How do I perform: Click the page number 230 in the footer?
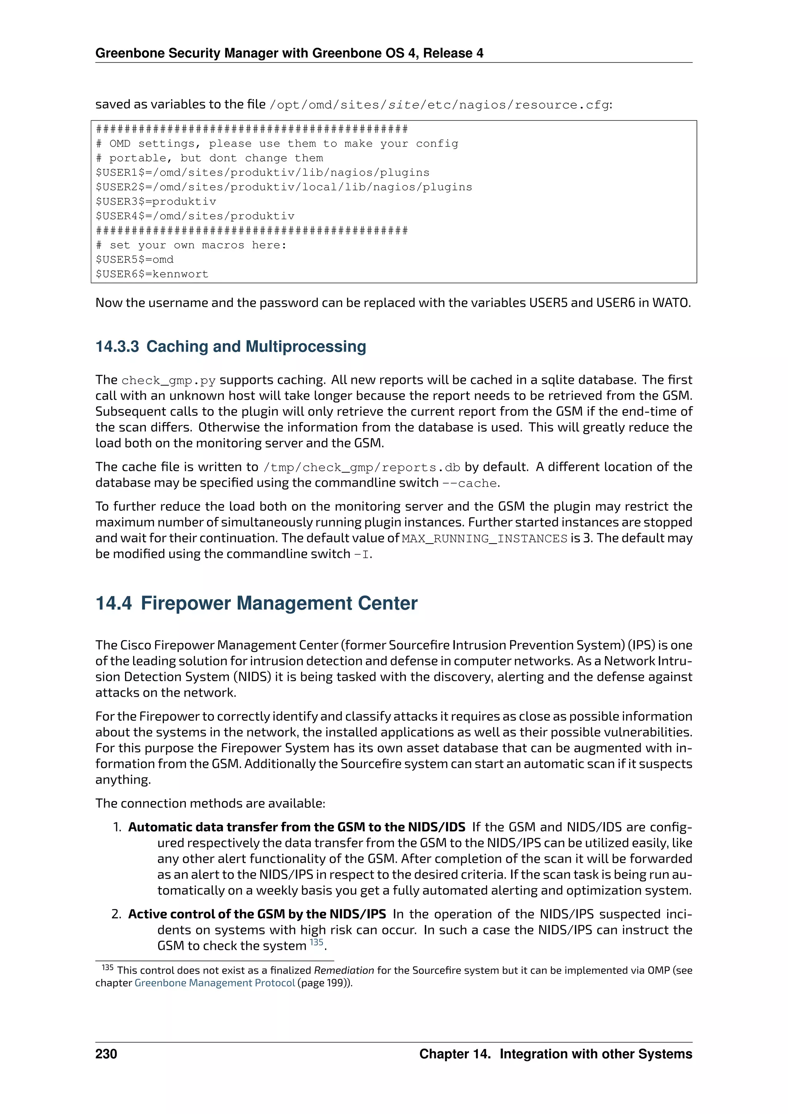click(x=106, y=1054)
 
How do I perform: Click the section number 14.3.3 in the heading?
click(x=117, y=347)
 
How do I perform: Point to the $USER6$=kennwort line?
click(x=152, y=274)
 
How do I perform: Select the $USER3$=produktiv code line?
click(x=156, y=201)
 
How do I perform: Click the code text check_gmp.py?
click(x=169, y=380)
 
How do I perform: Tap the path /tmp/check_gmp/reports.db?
click(x=362, y=468)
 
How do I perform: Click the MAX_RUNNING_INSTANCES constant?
click(x=484, y=539)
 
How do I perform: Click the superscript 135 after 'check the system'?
click(x=316, y=942)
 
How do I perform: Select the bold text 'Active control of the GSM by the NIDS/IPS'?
click(x=257, y=914)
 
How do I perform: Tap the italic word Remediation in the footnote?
click(x=344, y=971)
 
